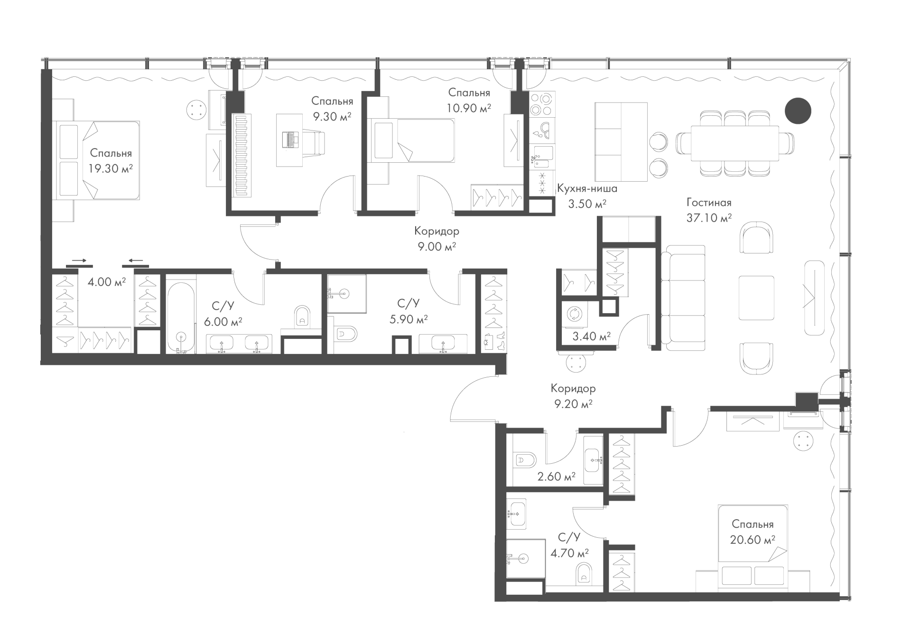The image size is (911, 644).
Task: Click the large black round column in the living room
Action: [x=798, y=111]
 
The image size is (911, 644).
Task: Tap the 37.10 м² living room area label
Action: [x=709, y=218]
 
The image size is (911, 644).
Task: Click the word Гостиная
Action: [x=709, y=203]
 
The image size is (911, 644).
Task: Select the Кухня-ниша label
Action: [x=587, y=189]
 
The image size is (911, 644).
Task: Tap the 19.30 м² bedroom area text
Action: [x=110, y=168]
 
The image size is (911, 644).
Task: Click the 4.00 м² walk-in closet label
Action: [x=107, y=282]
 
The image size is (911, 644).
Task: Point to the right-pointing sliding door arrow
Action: [x=79, y=261]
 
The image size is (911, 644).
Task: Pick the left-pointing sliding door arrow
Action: [x=136, y=261]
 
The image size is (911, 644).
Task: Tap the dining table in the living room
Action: [x=735, y=144]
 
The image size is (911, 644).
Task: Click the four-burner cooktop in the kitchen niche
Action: [x=541, y=104]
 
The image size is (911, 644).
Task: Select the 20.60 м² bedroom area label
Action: [x=753, y=540]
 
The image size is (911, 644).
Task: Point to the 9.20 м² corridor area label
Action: [x=573, y=404]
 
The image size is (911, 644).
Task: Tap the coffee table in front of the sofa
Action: [x=756, y=298]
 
